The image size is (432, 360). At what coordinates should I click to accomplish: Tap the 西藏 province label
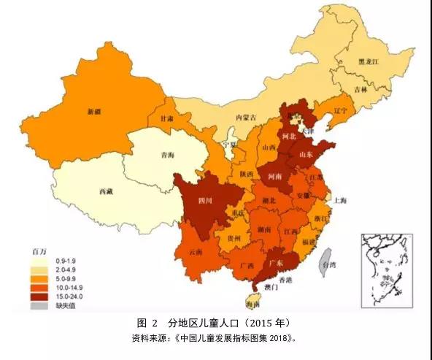pos(106,191)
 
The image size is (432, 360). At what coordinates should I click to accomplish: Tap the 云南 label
pos(195,251)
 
